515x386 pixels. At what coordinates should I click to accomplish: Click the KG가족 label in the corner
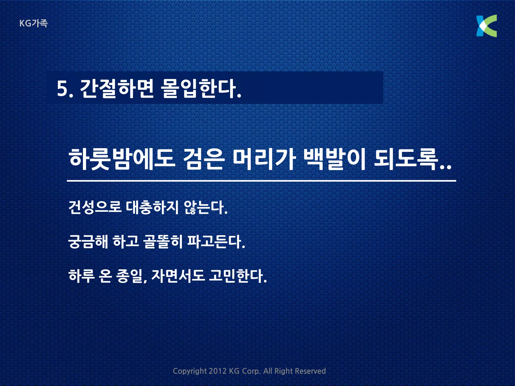pyautogui.click(x=33, y=23)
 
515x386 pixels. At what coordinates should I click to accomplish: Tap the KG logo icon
pyautogui.click(x=486, y=26)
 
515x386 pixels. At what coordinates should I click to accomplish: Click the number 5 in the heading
pyautogui.click(x=62, y=88)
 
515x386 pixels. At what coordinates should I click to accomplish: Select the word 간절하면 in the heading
pyautogui.click(x=116, y=88)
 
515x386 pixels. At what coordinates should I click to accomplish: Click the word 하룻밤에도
pyautogui.click(x=121, y=160)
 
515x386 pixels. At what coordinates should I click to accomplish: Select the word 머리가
pyautogui.click(x=264, y=160)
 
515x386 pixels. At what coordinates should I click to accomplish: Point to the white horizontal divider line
pyautogui.click(x=262, y=181)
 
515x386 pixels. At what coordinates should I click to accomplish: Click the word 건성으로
pyautogui.click(x=95, y=208)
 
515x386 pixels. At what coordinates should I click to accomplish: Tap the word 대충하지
pyautogui.click(x=152, y=208)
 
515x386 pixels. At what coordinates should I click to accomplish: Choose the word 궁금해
pyautogui.click(x=88, y=242)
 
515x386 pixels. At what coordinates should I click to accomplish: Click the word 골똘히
pyautogui.click(x=163, y=242)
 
